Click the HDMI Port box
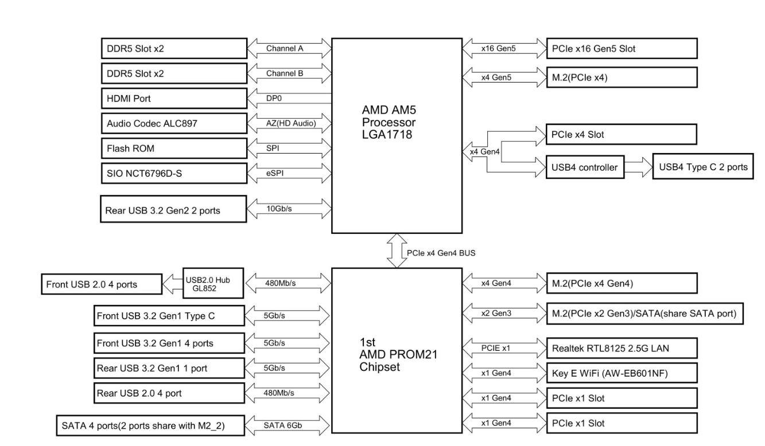point(173,98)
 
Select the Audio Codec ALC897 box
point(173,123)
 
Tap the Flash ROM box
point(173,148)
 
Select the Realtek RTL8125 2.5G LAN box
point(621,347)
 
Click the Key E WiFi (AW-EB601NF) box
point(621,373)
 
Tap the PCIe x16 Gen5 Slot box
point(621,48)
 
